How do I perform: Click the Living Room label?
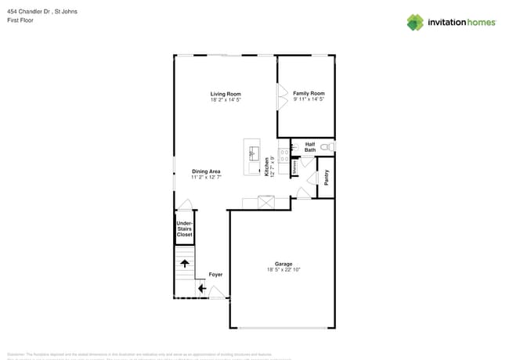click(225, 94)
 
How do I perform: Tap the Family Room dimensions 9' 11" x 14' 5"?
click(309, 99)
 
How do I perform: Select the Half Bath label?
click(310, 146)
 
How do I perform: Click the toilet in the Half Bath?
click(329, 146)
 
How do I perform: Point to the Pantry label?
click(326, 178)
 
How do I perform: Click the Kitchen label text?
click(267, 167)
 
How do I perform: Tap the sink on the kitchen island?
click(253, 153)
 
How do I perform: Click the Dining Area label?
click(206, 171)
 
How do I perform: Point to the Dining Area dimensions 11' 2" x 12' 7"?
click(206, 178)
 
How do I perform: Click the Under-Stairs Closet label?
click(184, 229)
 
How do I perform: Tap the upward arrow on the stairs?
click(185, 264)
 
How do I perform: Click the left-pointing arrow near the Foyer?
click(201, 289)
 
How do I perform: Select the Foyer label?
click(215, 275)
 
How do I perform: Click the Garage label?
click(283, 264)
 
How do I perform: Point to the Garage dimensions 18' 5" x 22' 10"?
click(283, 270)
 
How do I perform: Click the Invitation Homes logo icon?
click(414, 22)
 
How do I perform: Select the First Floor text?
click(20, 20)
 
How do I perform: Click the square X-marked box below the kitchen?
click(267, 203)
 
